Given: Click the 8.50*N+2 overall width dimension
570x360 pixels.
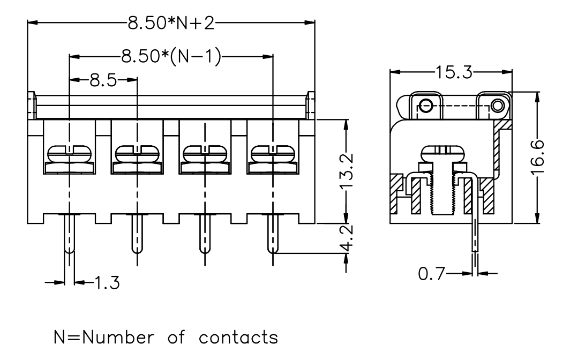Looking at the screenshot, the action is (171, 23).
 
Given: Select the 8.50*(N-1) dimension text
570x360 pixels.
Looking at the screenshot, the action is (171, 57).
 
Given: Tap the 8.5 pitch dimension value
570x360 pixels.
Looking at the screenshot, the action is (103, 80).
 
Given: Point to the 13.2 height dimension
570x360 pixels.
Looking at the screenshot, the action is (347, 171).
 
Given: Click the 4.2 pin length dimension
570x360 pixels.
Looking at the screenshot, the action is (347, 238).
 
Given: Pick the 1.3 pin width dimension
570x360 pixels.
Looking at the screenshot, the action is (107, 282).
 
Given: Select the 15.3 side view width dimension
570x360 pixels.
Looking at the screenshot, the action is (454, 72).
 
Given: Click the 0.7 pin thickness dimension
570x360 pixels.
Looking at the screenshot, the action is (431, 273).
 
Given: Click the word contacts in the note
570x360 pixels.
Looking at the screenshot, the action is (238, 337).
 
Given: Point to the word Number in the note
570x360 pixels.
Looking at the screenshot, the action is (118, 337).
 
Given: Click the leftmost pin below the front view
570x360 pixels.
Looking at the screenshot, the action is (69, 233).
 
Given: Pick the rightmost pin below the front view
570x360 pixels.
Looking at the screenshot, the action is (273, 233).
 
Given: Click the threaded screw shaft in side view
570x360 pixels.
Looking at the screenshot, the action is (443, 193).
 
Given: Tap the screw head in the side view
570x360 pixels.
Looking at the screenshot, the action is (443, 153).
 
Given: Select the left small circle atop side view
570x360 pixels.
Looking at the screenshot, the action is (426, 107).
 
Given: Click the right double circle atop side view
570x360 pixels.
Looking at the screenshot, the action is (498, 106).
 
